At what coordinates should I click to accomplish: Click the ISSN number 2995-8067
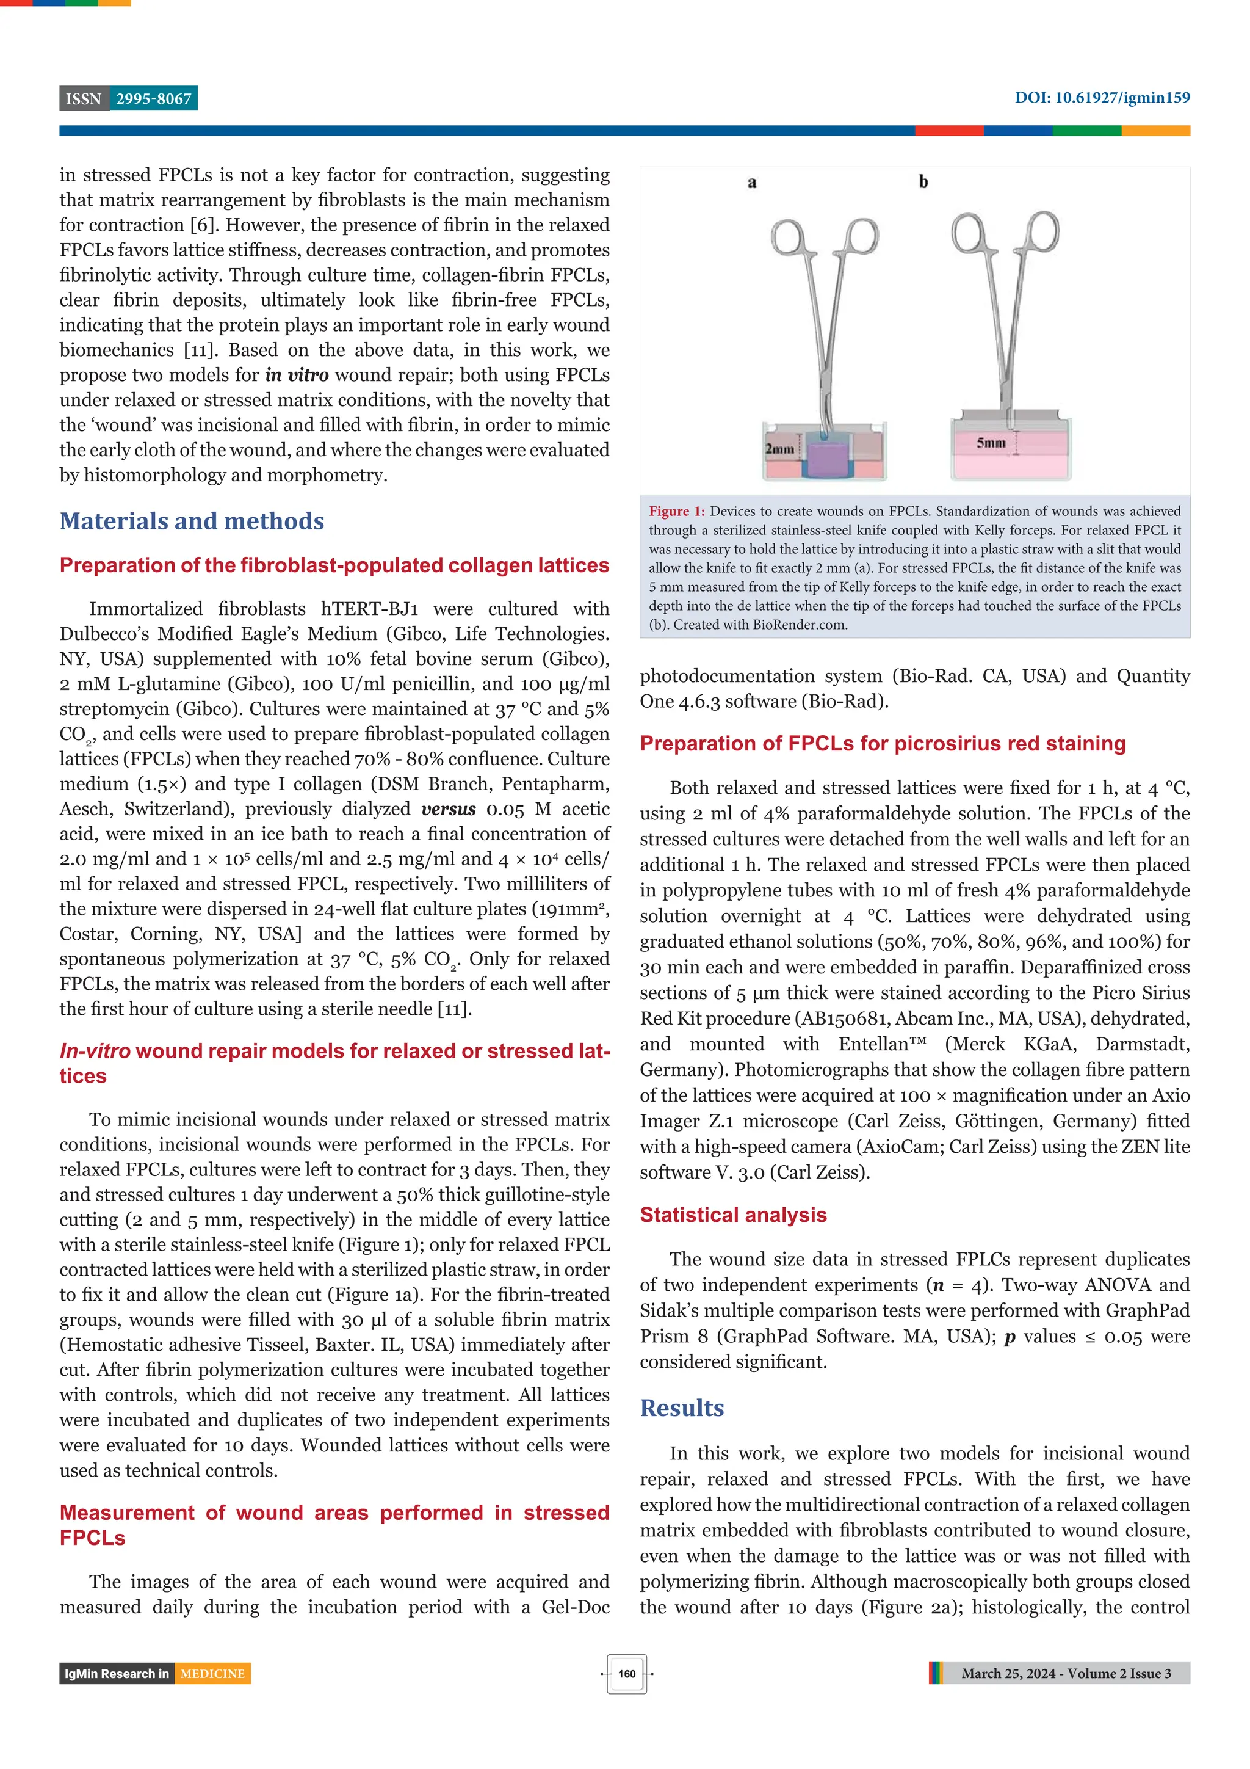pos(153,99)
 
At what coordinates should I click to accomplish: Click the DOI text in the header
pos(1101,98)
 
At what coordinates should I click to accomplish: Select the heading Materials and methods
pos(192,521)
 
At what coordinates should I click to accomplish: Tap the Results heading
pos(682,1408)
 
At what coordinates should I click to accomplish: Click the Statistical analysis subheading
pos(732,1215)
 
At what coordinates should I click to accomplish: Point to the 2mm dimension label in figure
pos(779,448)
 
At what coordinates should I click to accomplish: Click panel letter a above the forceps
pos(752,183)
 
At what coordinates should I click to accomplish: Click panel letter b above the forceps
pos(923,182)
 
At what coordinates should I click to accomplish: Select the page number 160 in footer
pos(626,1674)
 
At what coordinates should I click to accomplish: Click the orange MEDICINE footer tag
pos(212,1674)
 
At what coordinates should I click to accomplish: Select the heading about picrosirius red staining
pos(882,744)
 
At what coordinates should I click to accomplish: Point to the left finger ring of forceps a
pos(787,238)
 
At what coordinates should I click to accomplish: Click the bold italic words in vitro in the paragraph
pos(297,375)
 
